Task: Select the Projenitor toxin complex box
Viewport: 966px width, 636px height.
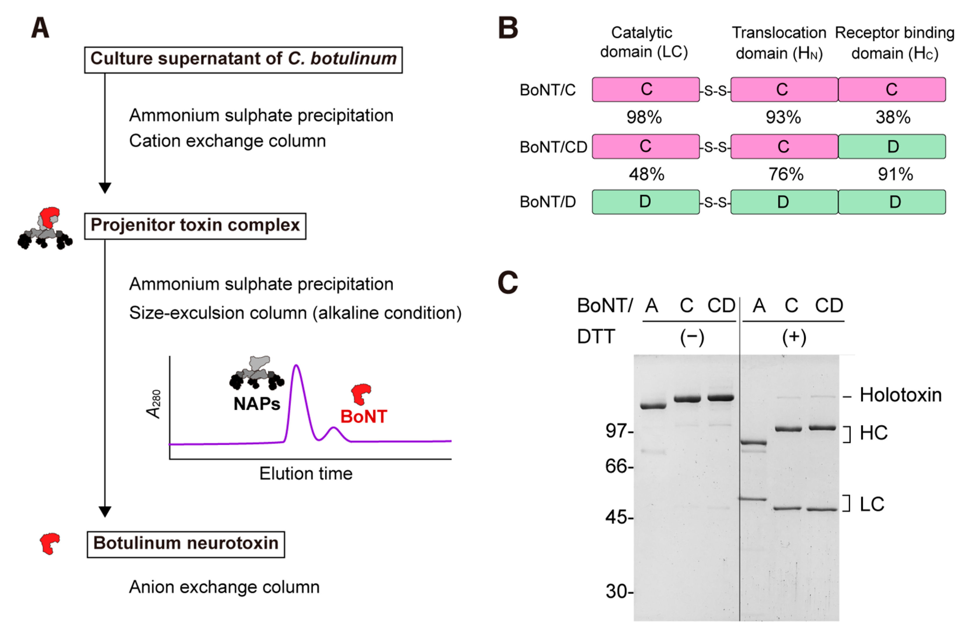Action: [x=195, y=226]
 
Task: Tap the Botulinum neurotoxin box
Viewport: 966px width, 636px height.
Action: [x=186, y=544]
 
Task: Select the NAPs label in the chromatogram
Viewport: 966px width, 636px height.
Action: [x=257, y=404]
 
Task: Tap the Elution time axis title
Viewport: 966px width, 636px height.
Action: [x=305, y=474]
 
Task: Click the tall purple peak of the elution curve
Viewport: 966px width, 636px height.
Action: [x=297, y=368]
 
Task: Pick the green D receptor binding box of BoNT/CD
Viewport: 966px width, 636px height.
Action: [x=892, y=147]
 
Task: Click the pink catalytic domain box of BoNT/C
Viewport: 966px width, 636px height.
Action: [x=646, y=89]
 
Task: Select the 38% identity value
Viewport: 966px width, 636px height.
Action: [x=893, y=117]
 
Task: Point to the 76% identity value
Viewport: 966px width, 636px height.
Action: [x=785, y=175]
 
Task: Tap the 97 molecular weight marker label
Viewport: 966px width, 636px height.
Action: [x=616, y=431]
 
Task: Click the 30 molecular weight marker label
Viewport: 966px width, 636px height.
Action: [x=616, y=592]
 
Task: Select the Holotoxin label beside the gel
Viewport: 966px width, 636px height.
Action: [x=900, y=395]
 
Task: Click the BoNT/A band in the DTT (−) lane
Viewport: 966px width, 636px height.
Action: [x=653, y=406]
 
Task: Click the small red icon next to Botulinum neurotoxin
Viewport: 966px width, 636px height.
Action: [x=50, y=543]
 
